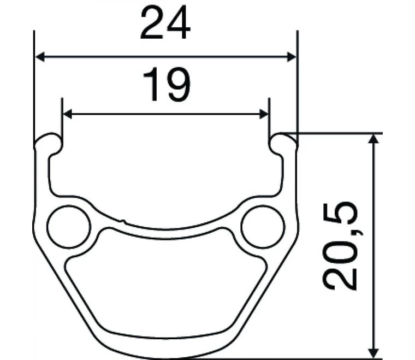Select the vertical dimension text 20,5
(340, 245)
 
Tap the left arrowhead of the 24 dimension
(40, 56)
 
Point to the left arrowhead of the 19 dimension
(68, 114)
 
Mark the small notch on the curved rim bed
(124, 221)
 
